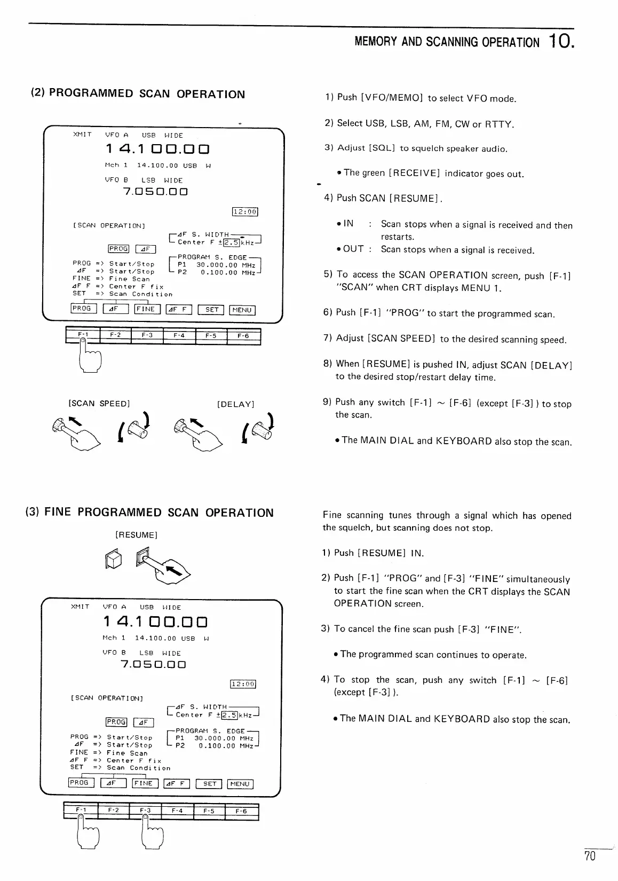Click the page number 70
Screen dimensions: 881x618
point(590,857)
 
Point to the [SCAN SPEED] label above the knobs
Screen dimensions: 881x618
point(99,404)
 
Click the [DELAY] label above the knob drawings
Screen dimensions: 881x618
point(235,404)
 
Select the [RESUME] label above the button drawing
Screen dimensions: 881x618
point(136,535)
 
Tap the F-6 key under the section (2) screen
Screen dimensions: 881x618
point(243,336)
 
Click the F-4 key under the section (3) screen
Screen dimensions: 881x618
point(177,811)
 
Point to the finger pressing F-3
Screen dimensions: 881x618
point(151,833)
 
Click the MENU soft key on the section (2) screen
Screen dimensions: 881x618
point(242,310)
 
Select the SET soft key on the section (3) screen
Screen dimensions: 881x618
point(209,784)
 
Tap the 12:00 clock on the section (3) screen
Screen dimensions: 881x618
point(243,685)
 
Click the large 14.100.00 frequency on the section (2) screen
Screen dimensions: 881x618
point(157,150)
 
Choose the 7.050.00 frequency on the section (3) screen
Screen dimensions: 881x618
point(153,665)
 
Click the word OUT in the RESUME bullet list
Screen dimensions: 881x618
point(353,249)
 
